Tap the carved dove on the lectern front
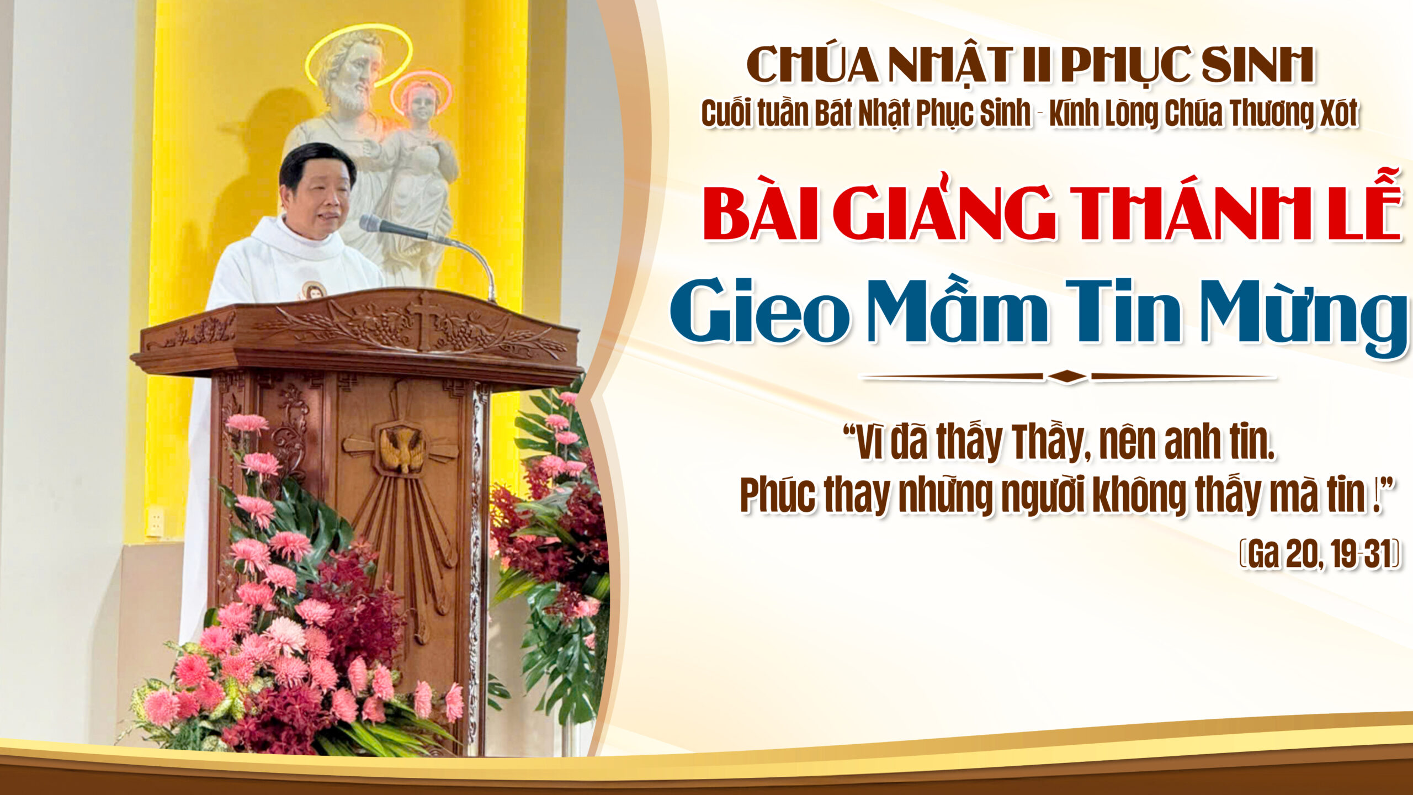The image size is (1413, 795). (x=401, y=449)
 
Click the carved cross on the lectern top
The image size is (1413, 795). (x=425, y=320)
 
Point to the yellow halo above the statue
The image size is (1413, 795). (x=358, y=54)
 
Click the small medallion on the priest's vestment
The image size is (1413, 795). (x=313, y=290)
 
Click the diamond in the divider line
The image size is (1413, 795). (x=1067, y=377)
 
